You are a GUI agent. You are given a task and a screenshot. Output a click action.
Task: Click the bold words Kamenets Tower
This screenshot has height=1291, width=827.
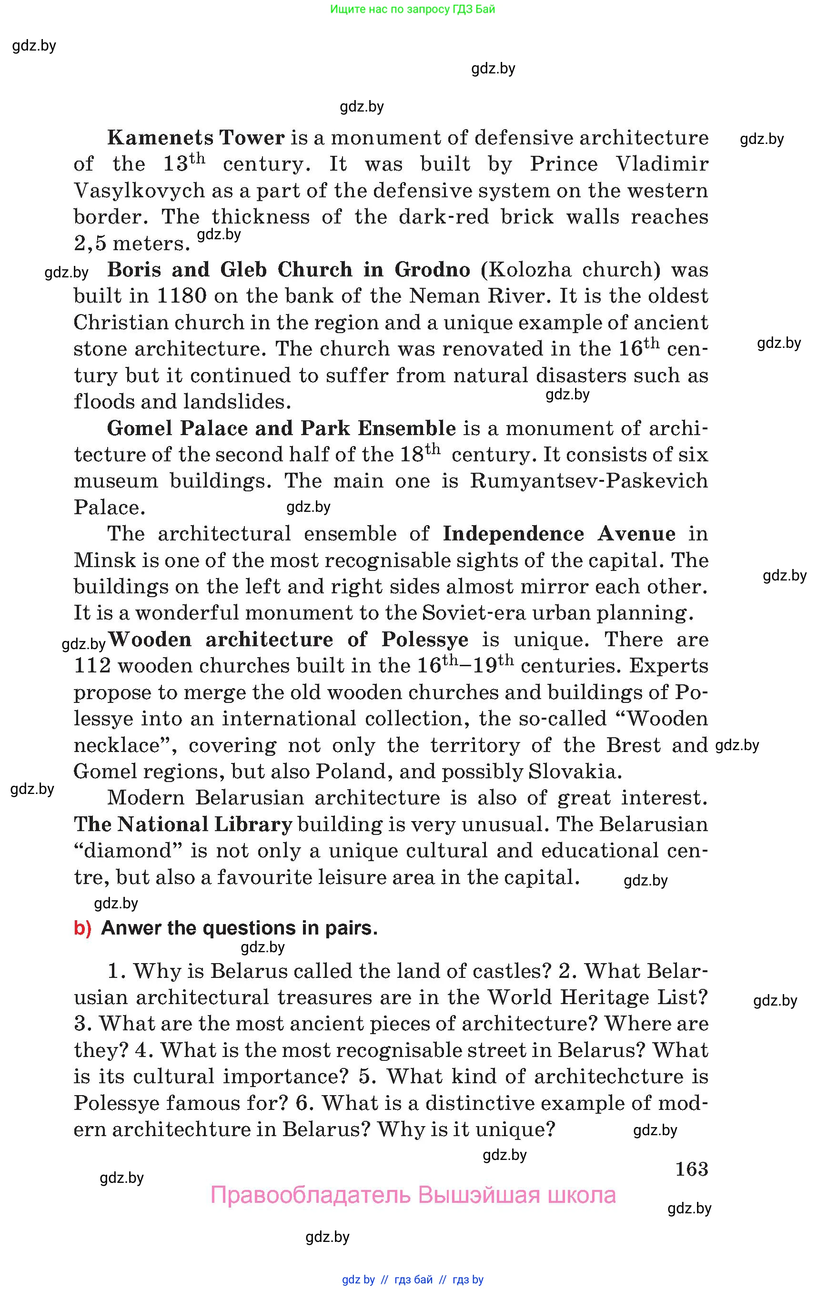(x=195, y=138)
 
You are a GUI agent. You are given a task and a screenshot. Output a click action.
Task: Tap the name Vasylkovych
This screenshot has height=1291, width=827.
(x=139, y=191)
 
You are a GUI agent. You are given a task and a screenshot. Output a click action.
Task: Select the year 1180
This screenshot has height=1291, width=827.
(x=182, y=296)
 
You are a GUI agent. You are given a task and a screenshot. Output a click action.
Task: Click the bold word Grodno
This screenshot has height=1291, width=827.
(x=432, y=270)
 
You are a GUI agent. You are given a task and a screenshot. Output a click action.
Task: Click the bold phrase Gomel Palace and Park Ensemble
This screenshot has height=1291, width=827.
(x=282, y=428)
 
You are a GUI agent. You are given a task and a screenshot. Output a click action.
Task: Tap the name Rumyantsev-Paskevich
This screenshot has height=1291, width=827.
(x=588, y=481)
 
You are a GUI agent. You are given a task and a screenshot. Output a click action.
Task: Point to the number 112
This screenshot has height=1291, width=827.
(x=92, y=666)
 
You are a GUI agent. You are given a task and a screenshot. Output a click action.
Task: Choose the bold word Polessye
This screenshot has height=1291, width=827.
(x=425, y=640)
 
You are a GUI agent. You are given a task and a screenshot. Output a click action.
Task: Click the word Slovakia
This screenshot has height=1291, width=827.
(x=575, y=772)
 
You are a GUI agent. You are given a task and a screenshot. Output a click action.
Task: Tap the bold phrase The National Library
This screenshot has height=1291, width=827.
(x=183, y=824)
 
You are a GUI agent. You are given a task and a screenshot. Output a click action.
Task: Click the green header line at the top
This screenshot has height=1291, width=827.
(x=413, y=9)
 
